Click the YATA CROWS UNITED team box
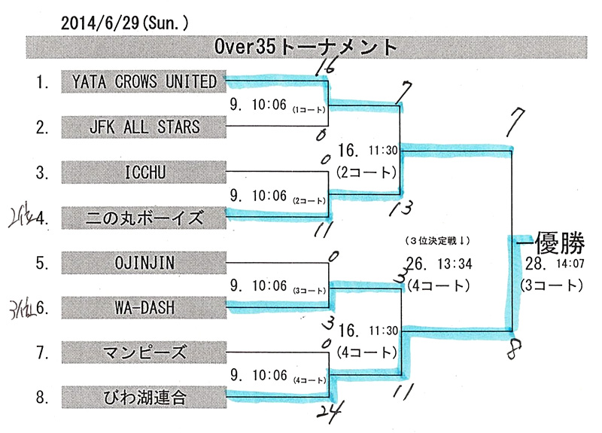point(143,81)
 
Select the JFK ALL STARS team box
point(143,127)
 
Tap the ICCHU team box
point(143,173)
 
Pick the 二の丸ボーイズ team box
point(143,218)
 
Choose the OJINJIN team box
point(143,264)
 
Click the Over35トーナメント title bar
point(301,47)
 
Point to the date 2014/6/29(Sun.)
point(124,23)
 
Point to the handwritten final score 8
point(513,349)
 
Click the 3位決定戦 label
point(437,240)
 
